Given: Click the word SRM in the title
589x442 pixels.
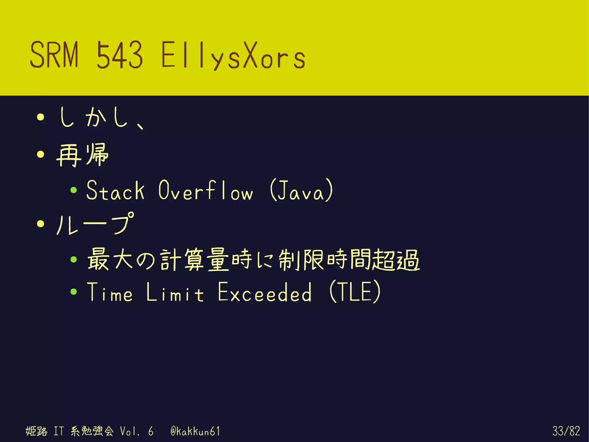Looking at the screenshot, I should click(x=54, y=54).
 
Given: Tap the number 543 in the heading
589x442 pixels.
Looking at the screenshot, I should click(x=119, y=54).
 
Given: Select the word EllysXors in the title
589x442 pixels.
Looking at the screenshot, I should click(x=233, y=55).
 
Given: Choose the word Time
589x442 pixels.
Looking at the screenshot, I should click(x=110, y=292).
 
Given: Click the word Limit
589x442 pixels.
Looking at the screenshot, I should click(x=175, y=292).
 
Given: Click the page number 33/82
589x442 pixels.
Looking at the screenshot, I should click(x=566, y=431).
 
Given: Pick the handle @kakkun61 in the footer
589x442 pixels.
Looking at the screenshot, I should click(x=195, y=431).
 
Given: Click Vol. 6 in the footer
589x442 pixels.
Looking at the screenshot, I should click(x=136, y=431).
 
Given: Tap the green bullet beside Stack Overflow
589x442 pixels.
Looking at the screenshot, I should click(x=74, y=190).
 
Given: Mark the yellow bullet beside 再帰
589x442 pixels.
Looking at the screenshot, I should click(x=41, y=155).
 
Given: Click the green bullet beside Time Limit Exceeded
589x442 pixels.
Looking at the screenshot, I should click(x=74, y=292).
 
